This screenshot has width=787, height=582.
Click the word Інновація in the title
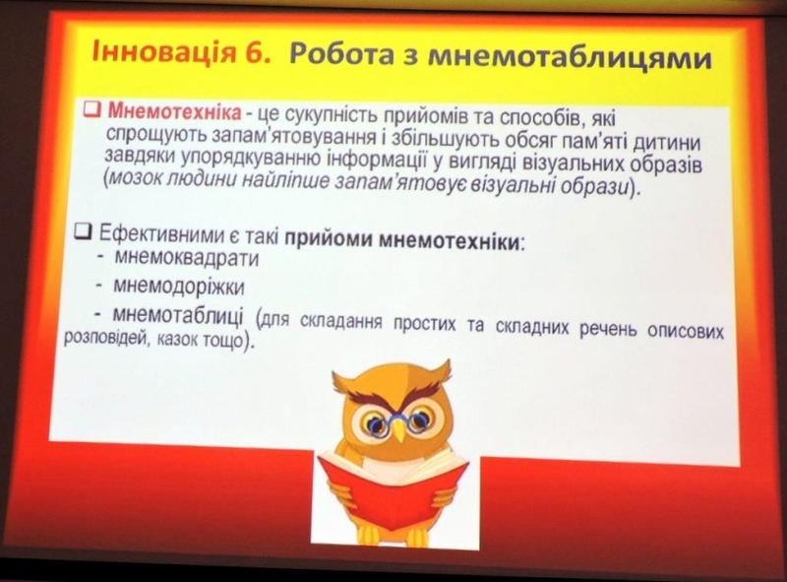(x=163, y=51)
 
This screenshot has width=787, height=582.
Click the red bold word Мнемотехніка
(x=174, y=112)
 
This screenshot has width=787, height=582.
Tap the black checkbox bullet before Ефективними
(x=84, y=230)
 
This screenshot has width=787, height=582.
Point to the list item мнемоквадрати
(x=187, y=258)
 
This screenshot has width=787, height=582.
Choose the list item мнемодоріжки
(x=179, y=286)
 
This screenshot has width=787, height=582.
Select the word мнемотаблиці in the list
(x=178, y=316)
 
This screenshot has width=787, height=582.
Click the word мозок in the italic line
(x=134, y=179)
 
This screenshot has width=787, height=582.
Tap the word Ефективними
(x=158, y=234)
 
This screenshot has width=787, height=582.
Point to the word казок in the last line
(x=178, y=341)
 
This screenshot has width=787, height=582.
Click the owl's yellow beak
(x=398, y=429)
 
